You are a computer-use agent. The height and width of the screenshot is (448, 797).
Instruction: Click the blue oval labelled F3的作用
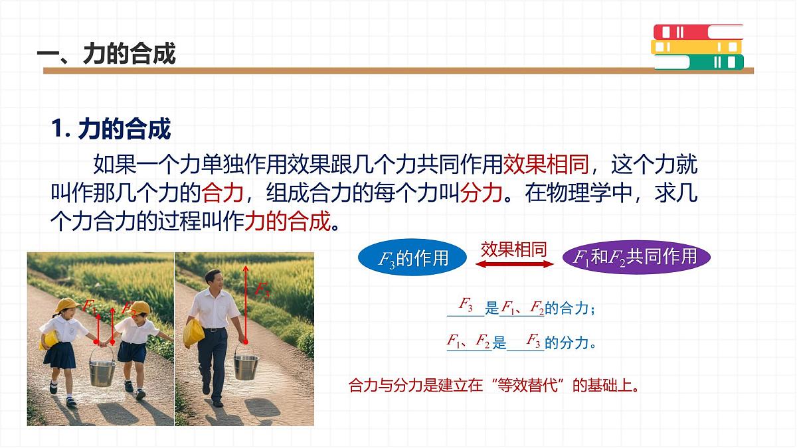pos(413,258)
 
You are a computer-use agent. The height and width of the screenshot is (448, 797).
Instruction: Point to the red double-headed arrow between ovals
pos(515,264)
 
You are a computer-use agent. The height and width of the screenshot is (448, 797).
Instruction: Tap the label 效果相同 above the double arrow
pos(513,249)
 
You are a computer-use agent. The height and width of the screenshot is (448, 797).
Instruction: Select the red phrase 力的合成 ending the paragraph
pos(287,220)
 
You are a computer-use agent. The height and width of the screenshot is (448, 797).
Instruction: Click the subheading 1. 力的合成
pos(112,129)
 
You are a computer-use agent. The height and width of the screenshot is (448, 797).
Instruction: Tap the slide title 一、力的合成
pos(106,54)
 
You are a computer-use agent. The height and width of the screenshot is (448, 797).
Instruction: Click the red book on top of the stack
pos(697,32)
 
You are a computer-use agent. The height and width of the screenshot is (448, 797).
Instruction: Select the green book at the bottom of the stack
pos(698,62)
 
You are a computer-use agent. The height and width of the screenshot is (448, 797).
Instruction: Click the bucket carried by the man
pos(246,366)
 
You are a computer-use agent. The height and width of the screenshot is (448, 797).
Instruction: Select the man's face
pos(214,281)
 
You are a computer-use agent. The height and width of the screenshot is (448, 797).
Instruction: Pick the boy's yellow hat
pos(139,307)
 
